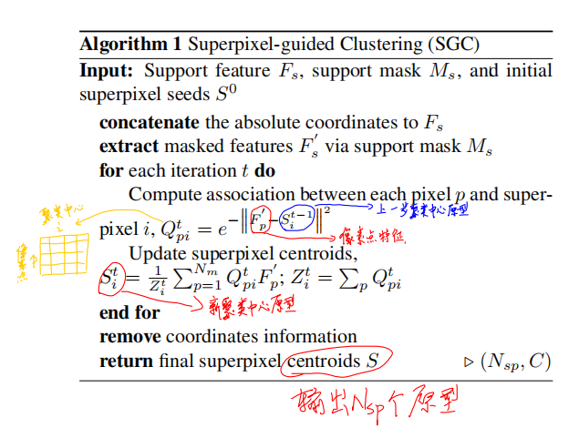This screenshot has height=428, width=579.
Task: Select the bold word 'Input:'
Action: pyautogui.click(x=109, y=70)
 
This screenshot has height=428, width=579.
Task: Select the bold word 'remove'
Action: pyautogui.click(x=129, y=337)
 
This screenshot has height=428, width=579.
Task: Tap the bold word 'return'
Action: pyautogui.click(x=125, y=362)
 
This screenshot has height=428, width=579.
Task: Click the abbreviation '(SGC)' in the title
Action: pyautogui.click(x=453, y=43)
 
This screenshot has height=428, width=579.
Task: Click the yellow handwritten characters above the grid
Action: pyautogui.click(x=60, y=214)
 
